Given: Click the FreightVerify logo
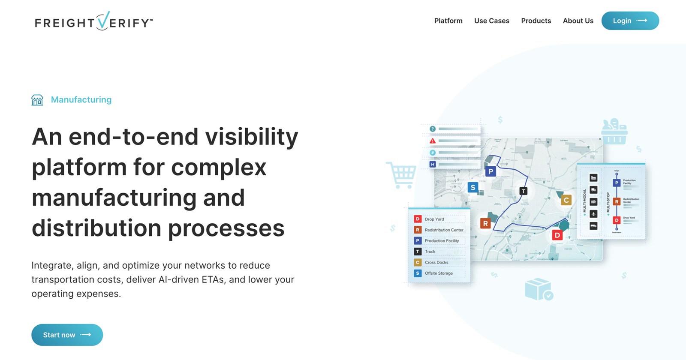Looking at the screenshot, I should tap(93, 21).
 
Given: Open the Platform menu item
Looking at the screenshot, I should tap(448, 21).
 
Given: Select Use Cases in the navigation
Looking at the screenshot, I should tap(491, 21).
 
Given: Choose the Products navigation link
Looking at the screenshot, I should tap(536, 21).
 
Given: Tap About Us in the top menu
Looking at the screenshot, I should tap(578, 21).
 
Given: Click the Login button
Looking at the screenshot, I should tap(630, 21).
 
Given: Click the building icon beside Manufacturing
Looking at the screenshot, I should tap(37, 100).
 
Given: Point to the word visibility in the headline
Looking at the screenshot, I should tap(251, 137).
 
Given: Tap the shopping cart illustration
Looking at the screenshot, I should tap(402, 174).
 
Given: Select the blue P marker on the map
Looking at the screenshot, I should tap(490, 172).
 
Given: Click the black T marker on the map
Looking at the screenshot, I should tap(523, 191).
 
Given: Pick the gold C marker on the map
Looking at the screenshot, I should tap(566, 200).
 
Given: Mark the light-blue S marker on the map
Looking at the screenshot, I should tap(472, 187).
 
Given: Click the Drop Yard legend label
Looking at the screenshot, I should tap(434, 219).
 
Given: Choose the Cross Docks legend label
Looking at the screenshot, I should tap(436, 262).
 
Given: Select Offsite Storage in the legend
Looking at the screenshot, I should tap(439, 273).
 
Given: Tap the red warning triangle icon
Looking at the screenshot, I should tap(433, 141).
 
